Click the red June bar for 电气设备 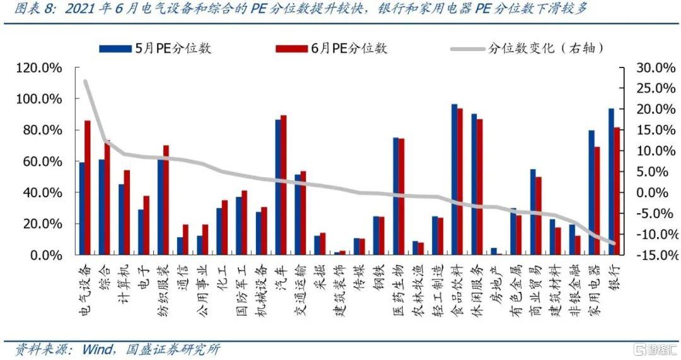88,187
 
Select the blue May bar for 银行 610,182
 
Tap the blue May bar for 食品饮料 454,180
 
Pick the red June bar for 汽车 284,185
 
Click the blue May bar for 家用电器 591,192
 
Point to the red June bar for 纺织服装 166,200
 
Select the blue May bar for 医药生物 395,196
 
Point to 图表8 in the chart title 28,9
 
